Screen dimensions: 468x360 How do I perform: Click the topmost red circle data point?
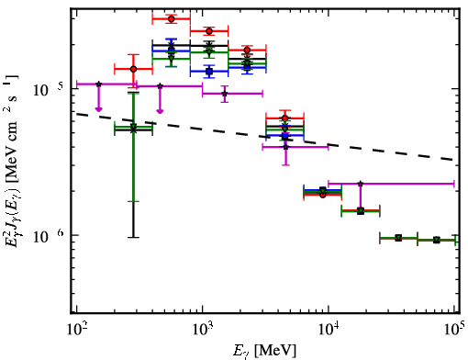(172, 19)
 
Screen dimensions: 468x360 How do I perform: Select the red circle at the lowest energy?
(133, 69)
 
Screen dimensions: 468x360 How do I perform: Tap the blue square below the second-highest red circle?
(209, 72)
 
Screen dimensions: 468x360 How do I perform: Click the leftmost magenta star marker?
(98, 84)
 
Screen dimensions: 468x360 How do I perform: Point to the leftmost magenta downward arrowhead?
(98, 109)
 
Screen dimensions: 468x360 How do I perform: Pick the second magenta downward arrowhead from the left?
(160, 111)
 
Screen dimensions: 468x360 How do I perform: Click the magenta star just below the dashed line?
(285, 147)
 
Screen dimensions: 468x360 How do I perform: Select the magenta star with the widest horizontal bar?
(361, 184)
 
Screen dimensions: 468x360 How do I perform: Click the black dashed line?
(265, 137)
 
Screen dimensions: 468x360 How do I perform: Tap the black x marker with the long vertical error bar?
(133, 130)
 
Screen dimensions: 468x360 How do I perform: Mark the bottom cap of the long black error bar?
(133, 237)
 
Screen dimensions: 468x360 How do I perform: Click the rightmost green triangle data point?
(437, 240)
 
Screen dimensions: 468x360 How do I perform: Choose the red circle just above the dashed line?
(285, 118)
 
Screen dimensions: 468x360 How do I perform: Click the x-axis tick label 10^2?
(76, 331)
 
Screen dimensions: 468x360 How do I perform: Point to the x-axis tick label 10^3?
(203, 331)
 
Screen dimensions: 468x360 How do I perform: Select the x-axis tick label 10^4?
(329, 331)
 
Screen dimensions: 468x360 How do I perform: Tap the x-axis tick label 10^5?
(455, 330)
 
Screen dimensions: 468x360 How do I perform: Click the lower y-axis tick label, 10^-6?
(49, 236)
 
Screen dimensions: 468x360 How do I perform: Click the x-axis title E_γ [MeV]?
(264, 351)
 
